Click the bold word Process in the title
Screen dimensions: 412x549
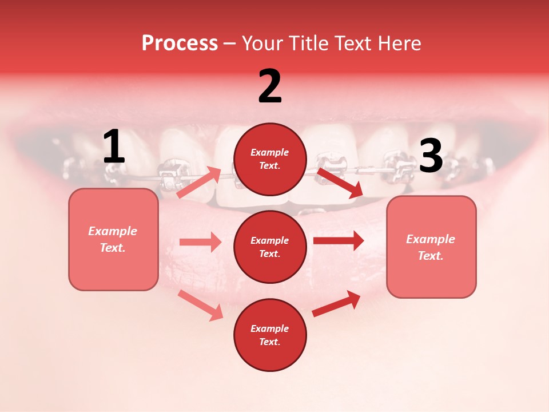180,43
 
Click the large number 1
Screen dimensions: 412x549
114,147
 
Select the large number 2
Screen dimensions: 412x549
270,86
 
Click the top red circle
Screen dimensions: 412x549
270,159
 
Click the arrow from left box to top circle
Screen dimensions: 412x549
200,183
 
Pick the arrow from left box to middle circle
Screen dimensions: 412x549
200,242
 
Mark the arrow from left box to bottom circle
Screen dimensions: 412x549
201,305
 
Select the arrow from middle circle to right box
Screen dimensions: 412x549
339,240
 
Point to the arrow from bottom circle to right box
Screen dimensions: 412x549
336,304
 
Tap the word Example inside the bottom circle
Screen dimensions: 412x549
270,328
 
